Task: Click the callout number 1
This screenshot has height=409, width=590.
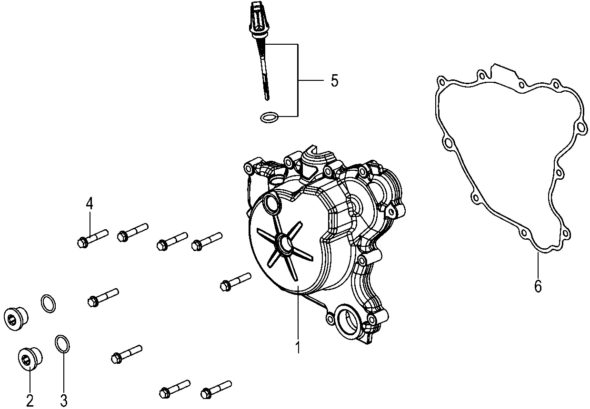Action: [298, 348]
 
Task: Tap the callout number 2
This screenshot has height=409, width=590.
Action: [30, 400]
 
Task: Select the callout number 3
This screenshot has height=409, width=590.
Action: [64, 400]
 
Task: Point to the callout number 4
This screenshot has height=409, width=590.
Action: [90, 204]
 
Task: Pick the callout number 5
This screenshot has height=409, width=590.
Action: [334, 80]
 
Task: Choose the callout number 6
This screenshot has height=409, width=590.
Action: [538, 286]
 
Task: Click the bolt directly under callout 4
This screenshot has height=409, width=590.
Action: [93, 238]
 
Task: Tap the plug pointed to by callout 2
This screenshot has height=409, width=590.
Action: [30, 359]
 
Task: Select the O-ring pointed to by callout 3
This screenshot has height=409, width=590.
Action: [62, 344]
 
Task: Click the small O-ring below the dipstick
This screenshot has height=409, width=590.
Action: [269, 117]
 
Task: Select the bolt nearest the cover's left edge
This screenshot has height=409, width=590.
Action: [236, 282]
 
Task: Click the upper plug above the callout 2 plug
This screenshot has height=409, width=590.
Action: [16, 318]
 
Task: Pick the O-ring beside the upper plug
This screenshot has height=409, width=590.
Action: [48, 303]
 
